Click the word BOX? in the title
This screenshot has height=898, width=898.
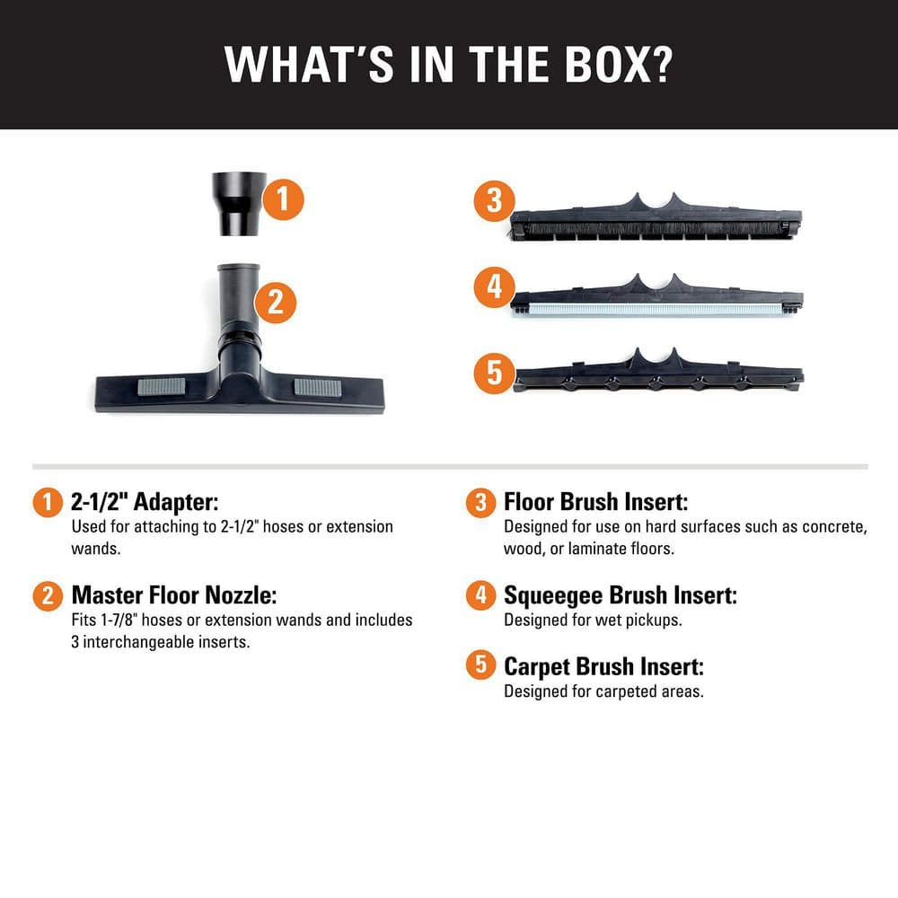pyautogui.click(x=619, y=64)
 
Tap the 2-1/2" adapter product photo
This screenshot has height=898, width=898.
pyautogui.click(x=239, y=203)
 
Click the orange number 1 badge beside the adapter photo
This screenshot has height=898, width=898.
pyautogui.click(x=283, y=199)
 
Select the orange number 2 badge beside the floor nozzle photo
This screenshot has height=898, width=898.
pyautogui.click(x=276, y=302)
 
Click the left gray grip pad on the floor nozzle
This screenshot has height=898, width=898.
pyautogui.click(x=161, y=386)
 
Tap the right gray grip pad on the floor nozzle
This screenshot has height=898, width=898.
pyautogui.click(x=318, y=388)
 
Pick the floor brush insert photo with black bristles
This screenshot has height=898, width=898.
pyautogui.click(x=656, y=217)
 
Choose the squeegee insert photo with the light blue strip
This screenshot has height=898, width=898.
pyautogui.click(x=656, y=295)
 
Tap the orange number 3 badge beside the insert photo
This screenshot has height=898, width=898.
pyautogui.click(x=494, y=201)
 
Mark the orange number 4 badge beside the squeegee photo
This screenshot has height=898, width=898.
pyautogui.click(x=494, y=287)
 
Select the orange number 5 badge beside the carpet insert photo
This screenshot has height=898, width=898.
pyautogui.click(x=494, y=374)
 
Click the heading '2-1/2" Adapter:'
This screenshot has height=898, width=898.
pyautogui.click(x=145, y=502)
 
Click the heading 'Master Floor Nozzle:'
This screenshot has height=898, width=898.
pyautogui.click(x=174, y=595)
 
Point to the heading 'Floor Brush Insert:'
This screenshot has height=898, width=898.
pyautogui.click(x=595, y=502)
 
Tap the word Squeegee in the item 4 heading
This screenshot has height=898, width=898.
pyautogui.click(x=553, y=596)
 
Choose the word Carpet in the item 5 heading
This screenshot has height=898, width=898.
pyautogui.click(x=537, y=667)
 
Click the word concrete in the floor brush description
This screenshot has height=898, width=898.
pyautogui.click(x=832, y=527)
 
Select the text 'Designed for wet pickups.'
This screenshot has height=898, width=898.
pyautogui.click(x=593, y=621)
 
